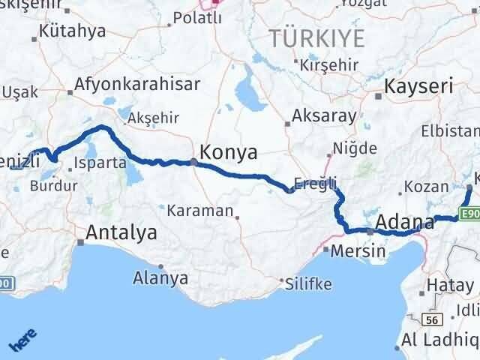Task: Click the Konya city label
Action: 228,153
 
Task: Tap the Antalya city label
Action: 122,233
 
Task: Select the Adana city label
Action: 404,223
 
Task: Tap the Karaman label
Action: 200,211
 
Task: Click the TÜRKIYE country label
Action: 318,37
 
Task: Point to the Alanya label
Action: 160,278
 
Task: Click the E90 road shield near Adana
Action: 470,214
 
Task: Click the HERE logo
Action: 24,338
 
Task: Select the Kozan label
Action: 420,187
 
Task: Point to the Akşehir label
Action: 154,118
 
